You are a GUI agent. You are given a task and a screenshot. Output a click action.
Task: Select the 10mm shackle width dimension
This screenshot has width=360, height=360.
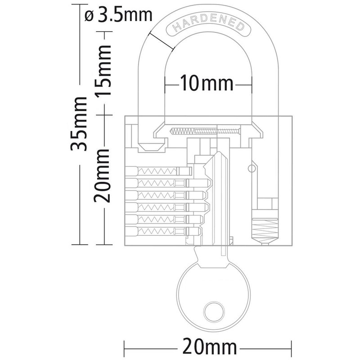(207, 83)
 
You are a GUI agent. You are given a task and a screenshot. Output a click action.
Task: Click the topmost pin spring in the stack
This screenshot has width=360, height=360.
(155, 171)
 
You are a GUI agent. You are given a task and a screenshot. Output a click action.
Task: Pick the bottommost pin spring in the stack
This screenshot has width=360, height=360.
(155, 231)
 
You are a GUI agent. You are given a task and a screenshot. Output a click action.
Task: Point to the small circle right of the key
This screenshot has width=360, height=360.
(251, 168)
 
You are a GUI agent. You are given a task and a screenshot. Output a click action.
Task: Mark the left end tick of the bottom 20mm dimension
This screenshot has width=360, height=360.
(124, 347)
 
